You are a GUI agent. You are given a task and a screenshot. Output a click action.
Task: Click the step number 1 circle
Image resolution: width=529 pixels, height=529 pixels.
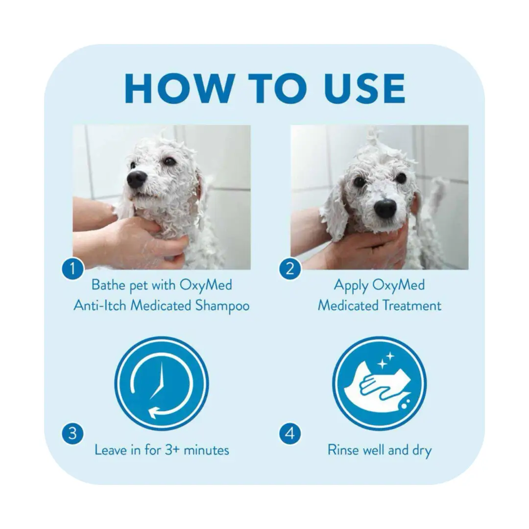pos(72,268)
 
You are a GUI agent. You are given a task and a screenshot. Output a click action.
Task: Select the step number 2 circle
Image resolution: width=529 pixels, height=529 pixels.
pos(290,268)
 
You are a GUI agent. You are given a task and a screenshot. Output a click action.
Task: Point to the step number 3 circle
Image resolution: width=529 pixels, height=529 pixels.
pos(72,433)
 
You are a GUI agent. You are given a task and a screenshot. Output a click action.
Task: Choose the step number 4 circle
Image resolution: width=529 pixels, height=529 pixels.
pos(290,433)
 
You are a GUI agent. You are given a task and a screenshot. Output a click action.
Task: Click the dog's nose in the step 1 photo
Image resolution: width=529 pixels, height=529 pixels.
pos(137,179)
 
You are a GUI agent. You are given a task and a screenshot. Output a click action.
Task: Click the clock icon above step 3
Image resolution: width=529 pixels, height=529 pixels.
pos(162,384)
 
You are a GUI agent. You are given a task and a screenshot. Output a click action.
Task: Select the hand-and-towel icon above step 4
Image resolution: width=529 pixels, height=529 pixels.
pos(380,384)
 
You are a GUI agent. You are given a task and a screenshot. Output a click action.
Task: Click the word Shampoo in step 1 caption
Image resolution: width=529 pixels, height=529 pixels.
pos(223,306)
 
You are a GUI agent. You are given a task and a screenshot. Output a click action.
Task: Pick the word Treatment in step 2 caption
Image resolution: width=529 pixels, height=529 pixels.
pos(411,306)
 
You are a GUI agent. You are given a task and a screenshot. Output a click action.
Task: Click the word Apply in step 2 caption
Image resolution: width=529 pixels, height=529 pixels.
pos(351,286)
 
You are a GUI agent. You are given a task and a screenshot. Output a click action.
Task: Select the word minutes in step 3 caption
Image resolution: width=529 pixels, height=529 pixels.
pos(207,450)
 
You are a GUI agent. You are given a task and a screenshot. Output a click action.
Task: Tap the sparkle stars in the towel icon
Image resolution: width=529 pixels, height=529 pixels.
pos(386,361)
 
